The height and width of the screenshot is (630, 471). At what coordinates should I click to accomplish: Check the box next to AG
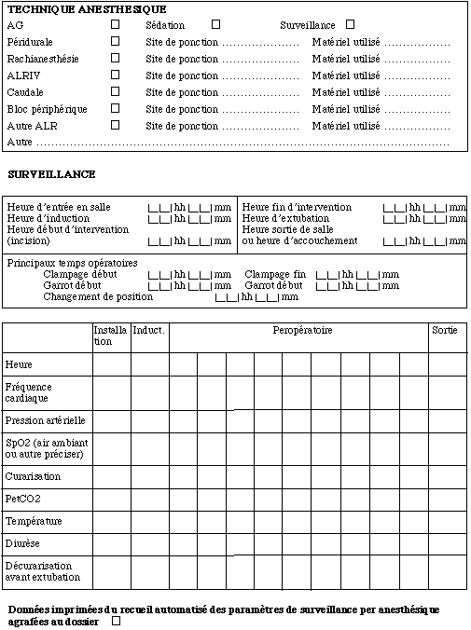click(x=116, y=25)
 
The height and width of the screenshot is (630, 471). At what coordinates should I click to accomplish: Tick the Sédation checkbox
click(x=216, y=25)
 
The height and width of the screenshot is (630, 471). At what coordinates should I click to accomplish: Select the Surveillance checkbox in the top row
click(x=351, y=25)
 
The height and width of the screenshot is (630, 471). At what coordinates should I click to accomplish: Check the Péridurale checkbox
click(x=116, y=42)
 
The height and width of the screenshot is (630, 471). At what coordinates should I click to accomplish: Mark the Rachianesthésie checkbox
click(x=116, y=59)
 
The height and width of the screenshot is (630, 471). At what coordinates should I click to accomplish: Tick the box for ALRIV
click(x=116, y=75)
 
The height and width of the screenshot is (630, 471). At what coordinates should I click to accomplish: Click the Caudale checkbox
click(x=116, y=92)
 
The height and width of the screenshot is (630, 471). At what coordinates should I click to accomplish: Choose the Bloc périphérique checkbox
click(x=116, y=108)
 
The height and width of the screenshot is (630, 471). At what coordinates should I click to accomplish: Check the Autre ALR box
click(x=116, y=125)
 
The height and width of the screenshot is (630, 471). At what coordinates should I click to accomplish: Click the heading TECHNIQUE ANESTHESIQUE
click(x=74, y=8)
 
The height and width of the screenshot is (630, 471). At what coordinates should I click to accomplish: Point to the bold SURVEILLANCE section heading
click(x=51, y=174)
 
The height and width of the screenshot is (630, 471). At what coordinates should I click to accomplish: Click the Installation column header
click(x=110, y=336)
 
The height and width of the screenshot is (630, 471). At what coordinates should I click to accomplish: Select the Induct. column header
click(x=149, y=331)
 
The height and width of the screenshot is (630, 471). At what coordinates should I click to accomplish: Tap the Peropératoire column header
click(x=302, y=331)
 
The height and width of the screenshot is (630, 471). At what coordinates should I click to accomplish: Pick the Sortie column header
click(x=444, y=331)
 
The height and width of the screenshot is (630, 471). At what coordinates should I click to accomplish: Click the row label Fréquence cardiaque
click(x=29, y=392)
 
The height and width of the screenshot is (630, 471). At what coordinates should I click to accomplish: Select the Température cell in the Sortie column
click(x=447, y=521)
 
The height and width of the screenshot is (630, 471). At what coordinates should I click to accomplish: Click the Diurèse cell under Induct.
click(x=149, y=543)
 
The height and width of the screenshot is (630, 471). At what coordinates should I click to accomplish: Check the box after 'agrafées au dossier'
click(x=116, y=621)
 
